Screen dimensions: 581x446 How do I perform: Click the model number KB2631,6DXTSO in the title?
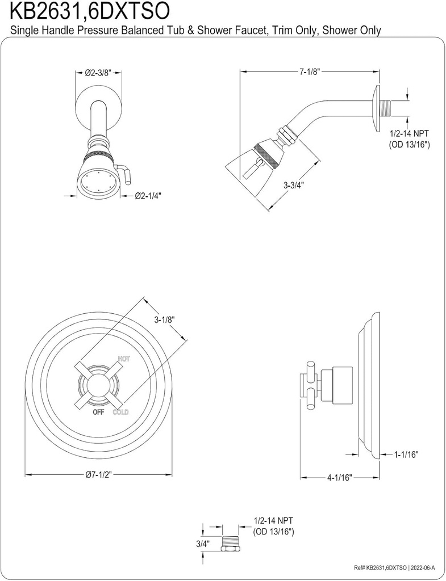pos(86,11)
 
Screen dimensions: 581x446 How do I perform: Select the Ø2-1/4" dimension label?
pos(148,196)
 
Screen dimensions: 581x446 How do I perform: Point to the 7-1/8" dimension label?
pos(310,72)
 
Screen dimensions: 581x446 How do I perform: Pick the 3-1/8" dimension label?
pos(164,319)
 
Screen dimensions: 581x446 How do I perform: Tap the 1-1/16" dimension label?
pos(406,454)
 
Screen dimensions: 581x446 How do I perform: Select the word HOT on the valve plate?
pos(124,359)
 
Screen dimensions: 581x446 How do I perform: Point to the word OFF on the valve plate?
pos(98,412)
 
